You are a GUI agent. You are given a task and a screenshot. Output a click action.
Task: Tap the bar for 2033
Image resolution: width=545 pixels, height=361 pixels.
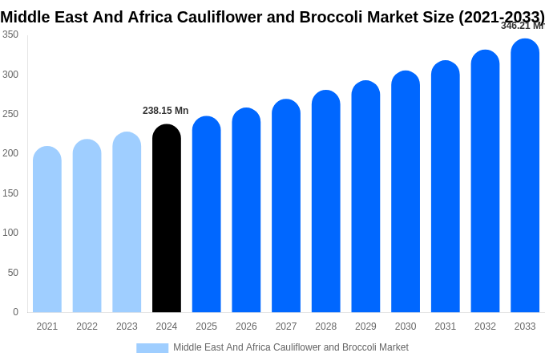coord(525,176)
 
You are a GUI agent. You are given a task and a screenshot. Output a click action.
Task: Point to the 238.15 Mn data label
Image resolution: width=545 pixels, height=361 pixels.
coord(165,111)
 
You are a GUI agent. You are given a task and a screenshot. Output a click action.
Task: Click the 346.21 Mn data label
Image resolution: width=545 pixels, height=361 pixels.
coord(522,26)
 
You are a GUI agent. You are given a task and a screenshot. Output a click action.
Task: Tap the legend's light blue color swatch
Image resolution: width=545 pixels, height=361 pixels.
coord(152,347)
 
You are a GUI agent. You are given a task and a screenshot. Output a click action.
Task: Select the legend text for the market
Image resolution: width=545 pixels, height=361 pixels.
coord(291,347)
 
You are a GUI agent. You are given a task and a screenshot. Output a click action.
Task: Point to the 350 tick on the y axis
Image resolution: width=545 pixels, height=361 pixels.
coord(10,34)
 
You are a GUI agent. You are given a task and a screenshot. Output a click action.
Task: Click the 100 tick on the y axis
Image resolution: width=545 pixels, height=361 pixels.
coord(10,233)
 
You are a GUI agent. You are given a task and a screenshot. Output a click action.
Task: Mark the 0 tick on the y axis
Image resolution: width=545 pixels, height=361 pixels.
coord(15,312)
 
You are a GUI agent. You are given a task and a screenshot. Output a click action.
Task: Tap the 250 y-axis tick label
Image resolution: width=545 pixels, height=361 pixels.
coord(10,114)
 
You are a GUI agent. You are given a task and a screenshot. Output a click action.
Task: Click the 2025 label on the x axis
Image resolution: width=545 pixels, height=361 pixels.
coord(206,327)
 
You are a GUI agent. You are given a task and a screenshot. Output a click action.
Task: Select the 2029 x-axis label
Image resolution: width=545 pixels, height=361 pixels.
coord(365,327)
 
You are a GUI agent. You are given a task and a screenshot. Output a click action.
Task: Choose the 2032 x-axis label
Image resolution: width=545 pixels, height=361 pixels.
coord(485,327)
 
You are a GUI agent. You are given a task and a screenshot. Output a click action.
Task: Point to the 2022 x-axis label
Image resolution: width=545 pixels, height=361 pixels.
coord(87,327)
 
